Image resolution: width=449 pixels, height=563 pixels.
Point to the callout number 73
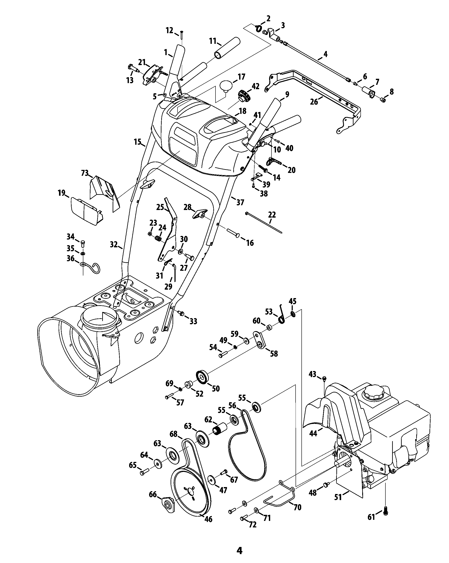[x=85, y=173]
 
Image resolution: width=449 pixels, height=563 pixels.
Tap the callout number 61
[x=371, y=517]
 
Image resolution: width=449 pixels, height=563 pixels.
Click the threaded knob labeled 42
[x=245, y=96]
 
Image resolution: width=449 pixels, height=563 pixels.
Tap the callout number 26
[x=314, y=102]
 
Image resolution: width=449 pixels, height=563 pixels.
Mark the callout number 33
[x=193, y=321]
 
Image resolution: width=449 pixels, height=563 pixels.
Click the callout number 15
[x=138, y=142]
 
